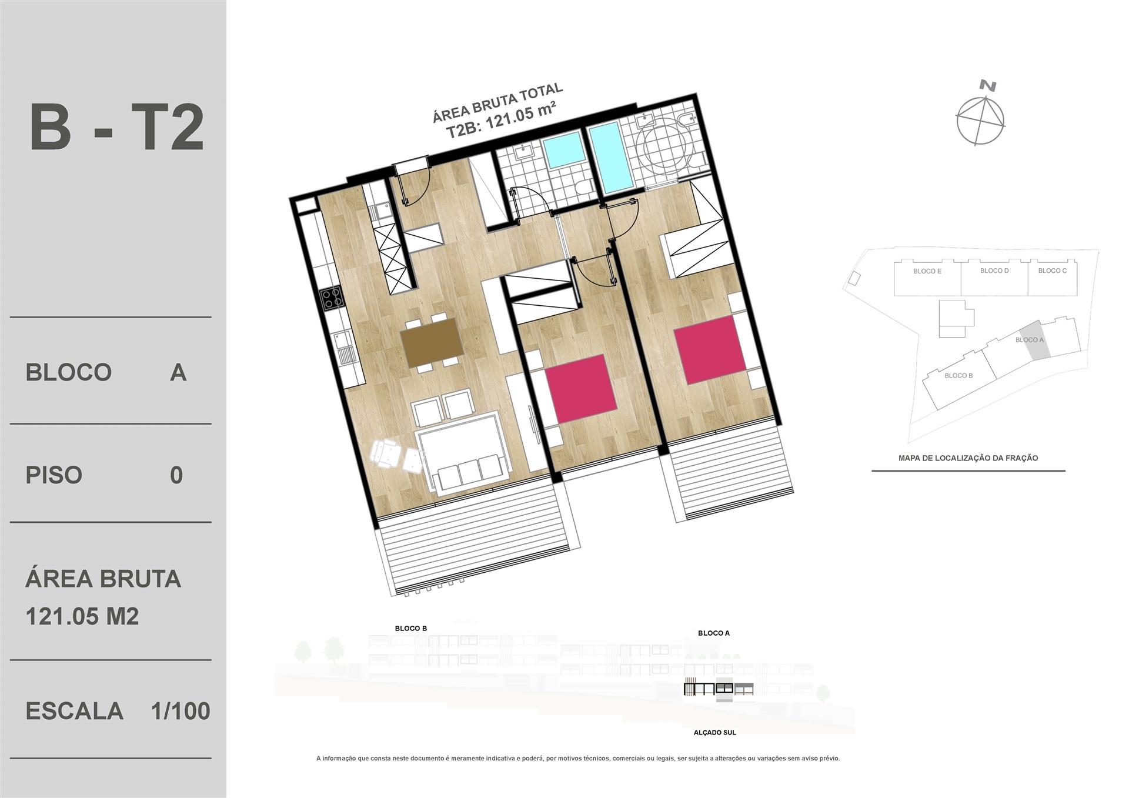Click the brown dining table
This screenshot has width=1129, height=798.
(432, 343)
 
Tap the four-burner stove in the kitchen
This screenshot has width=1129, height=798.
(331, 297)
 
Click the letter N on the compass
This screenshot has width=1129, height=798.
(988, 86)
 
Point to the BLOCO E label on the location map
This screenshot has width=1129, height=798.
(927, 271)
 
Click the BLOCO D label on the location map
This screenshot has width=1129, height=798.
(994, 271)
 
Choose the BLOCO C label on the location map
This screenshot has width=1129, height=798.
(1053, 271)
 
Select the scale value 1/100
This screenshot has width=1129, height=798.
(181, 711)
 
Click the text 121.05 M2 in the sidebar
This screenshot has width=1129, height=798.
(82, 616)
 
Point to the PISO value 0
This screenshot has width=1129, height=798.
(176, 475)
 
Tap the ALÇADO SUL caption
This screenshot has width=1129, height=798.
(715, 732)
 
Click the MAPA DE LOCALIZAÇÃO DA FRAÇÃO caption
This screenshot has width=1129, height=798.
(968, 458)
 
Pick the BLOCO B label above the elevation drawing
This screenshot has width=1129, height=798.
(411, 628)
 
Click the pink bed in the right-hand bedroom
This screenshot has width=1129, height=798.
(710, 350)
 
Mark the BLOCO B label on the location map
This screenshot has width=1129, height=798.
(958, 375)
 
